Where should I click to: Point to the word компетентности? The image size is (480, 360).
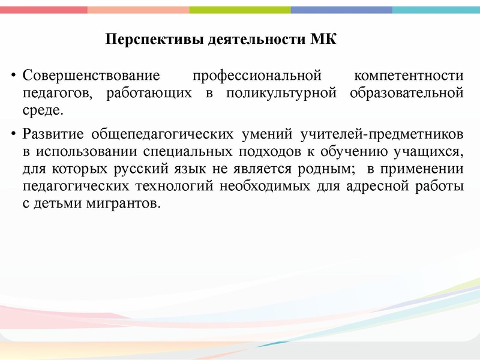point(409,77)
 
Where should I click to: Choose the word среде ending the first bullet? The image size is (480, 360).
point(40,110)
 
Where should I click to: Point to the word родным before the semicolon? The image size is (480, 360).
point(320,169)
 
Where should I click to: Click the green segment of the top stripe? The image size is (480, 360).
point(240,10)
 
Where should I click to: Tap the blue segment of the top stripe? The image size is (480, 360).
point(341,10)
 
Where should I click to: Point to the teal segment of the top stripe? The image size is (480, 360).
point(436,10)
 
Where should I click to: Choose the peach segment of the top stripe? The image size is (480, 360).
point(138,10)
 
